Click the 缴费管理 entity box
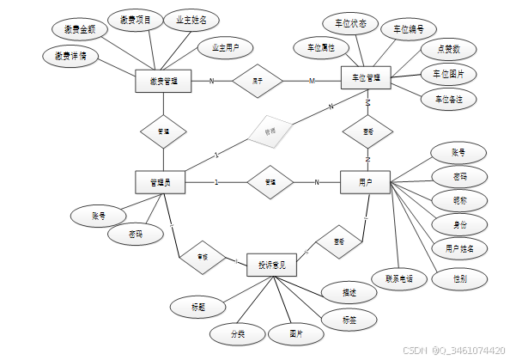pos(163,82)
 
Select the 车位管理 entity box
pos(367,79)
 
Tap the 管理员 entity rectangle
pos(161,182)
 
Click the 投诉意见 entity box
pos(271,265)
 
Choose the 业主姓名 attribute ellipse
pos(191,20)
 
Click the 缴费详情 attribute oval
pos(70,56)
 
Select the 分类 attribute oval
pos(237,332)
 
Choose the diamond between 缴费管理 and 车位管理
pos(257,82)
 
